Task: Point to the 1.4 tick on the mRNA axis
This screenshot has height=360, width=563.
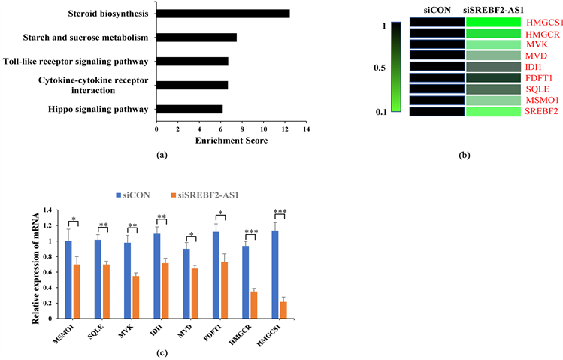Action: pyautogui.click(x=49, y=210)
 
